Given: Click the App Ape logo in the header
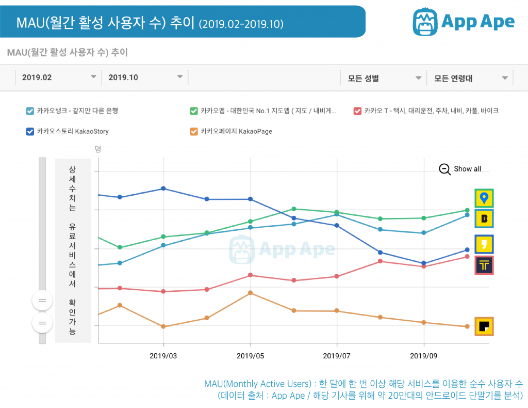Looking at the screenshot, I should coord(464,22).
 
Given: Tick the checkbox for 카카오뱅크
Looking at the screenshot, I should coord(30,111).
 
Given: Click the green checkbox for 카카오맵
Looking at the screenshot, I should coord(194,111).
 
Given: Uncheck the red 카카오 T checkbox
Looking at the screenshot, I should coord(357,111).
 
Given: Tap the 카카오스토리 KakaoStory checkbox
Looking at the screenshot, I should coord(30,131).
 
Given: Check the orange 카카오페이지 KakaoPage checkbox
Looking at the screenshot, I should coord(194,131).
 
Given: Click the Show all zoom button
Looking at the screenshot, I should coord(460,169).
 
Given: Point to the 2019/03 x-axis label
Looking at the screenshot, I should coord(163,356).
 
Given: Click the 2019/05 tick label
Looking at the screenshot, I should coord(250,356).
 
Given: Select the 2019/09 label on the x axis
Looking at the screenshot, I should coord(423,356).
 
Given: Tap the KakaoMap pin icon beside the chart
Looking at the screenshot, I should coord(484,198).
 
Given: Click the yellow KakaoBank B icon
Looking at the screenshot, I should coord(484,218).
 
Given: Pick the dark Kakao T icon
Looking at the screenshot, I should coord(484,265).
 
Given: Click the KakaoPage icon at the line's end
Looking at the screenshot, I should coord(484,326).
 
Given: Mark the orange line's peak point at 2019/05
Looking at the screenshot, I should coord(251,293).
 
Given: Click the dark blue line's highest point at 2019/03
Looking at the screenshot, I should coord(163,189).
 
